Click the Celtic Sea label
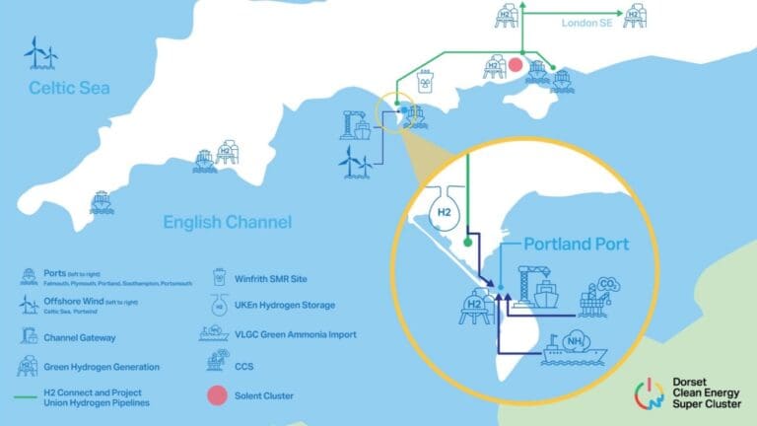click(x=68, y=88)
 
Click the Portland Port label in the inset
click(x=576, y=244)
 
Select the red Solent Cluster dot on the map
click(x=515, y=65)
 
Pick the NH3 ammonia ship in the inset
click(x=573, y=347)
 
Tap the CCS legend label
click(x=251, y=365)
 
